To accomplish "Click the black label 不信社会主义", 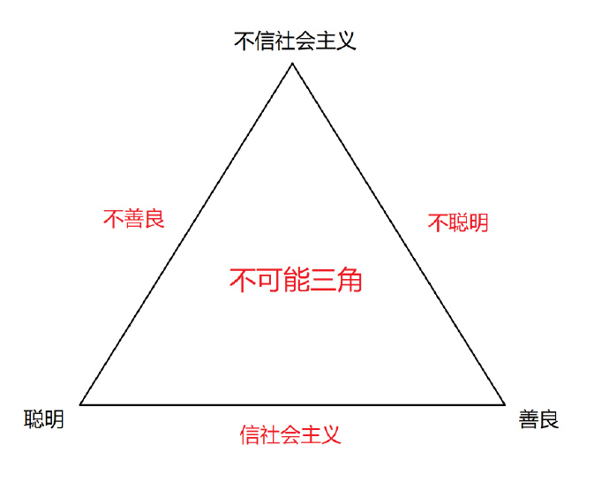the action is coord(295,41).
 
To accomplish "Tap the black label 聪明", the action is coord(44,419).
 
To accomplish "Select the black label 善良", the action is coord(538,419).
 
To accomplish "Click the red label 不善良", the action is coord(134,219).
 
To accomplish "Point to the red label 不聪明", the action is coord(458,222).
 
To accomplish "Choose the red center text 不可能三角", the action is coord(296,280).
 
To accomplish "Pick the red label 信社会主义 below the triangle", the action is coord(290,434).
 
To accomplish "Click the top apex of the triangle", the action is coord(292,64).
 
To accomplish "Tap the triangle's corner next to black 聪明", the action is coord(80,404).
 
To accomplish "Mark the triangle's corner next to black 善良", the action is coord(505,404).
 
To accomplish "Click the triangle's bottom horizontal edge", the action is coord(292,404).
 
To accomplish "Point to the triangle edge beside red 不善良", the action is coord(186,234).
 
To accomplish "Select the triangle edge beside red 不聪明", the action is coord(398,234).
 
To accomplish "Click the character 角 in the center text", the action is coord(350,280).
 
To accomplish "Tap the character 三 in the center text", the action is coord(323,280).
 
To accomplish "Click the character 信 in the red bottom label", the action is coord(250,434).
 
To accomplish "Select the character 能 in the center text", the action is coord(297,280).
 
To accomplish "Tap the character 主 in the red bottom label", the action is coord(311,434).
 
